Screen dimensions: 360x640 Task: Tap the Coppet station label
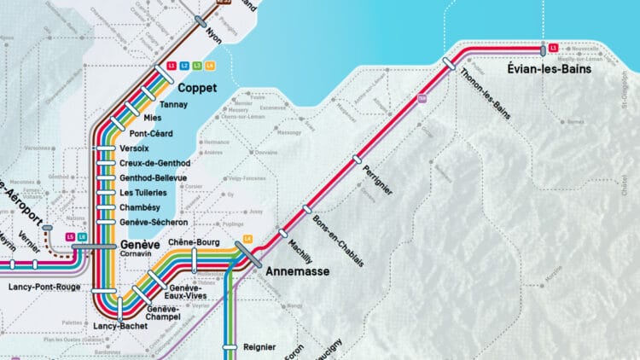[x=197, y=88]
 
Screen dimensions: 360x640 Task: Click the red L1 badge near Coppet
[x=172, y=66]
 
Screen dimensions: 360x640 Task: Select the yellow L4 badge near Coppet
[x=210, y=66]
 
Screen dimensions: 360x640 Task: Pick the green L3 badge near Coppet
[x=197, y=66]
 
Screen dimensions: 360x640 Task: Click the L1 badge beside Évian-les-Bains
[x=554, y=48]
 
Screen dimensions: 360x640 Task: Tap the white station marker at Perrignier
[x=358, y=159]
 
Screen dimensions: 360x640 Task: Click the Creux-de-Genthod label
[x=154, y=163]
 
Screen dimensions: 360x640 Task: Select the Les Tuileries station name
[x=144, y=192]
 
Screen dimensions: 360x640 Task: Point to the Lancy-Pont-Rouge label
[x=44, y=287]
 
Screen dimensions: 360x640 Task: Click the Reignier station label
[x=259, y=347]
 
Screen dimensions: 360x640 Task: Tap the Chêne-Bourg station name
[x=195, y=242]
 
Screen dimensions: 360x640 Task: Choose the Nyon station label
[x=213, y=36]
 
